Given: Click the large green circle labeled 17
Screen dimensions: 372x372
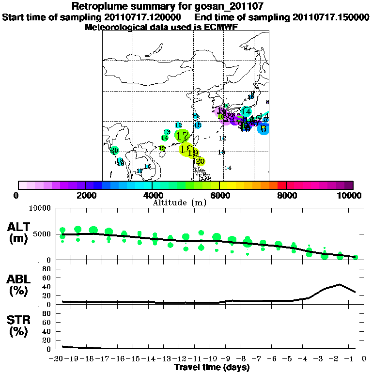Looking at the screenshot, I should pyautogui.click(x=183, y=136).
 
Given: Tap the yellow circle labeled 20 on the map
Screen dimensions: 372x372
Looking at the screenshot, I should pyautogui.click(x=201, y=161).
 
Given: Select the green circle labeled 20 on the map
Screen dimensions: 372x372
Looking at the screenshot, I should pyautogui.click(x=114, y=151).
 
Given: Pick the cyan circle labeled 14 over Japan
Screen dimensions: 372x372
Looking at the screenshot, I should pyautogui.click(x=246, y=111).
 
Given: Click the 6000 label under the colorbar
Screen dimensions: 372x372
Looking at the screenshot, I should pyautogui.click(x=219, y=196).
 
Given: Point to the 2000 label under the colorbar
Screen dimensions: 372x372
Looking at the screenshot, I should pyautogui.click(x=85, y=196).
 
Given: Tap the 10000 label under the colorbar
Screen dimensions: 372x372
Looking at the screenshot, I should pyautogui.click(x=349, y=196).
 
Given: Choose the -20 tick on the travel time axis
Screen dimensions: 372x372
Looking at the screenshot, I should pyautogui.click(x=58, y=359).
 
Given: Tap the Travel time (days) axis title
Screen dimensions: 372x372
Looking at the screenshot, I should pyautogui.click(x=212, y=368).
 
